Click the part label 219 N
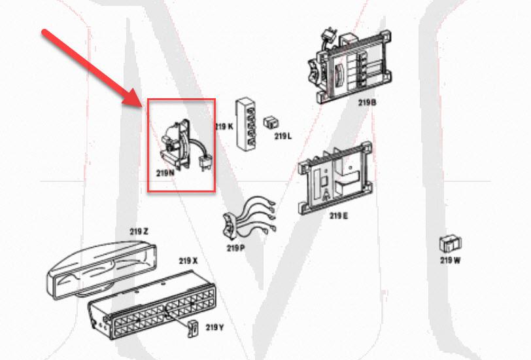pos(165,173)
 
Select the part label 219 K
pos(224,126)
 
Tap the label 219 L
pos(283,136)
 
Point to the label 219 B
pos(368,103)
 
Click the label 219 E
pos(338,215)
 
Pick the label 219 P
pos(235,248)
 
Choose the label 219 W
pos(450,260)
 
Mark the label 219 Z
pos(139,231)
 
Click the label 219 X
pos(188,261)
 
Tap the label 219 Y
pos(215,327)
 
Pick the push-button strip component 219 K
pos(247,124)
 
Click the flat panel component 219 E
pos(334,177)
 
